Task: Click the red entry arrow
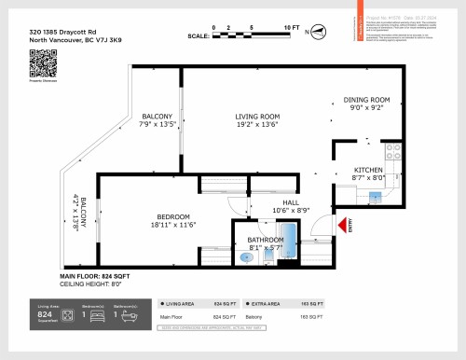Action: click(344, 225)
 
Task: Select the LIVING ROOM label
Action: click(257, 117)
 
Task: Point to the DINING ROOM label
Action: click(366, 100)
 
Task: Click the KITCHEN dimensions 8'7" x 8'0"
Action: click(367, 176)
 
